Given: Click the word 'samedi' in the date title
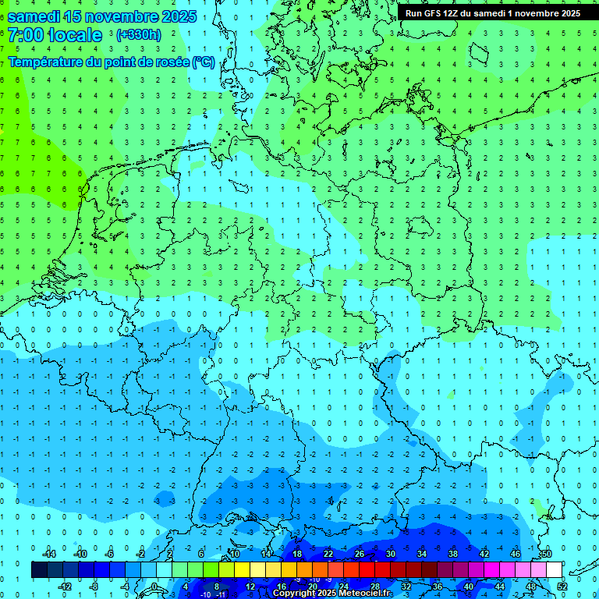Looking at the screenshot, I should coord(34,16).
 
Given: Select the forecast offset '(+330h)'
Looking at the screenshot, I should coord(138,35).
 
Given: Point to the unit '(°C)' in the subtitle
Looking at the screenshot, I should coord(204,62).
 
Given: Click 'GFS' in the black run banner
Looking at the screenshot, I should coord(435,13).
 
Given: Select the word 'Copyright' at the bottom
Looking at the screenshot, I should coord(296,594).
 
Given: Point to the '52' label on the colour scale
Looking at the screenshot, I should coord(562,587).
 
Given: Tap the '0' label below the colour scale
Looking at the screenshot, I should coord(155,587).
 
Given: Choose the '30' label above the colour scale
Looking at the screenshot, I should coord(390,554).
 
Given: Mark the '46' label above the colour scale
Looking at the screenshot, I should coord(515,554).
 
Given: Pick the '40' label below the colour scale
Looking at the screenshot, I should coord(468,587).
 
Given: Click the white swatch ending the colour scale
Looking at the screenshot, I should coord(554,570).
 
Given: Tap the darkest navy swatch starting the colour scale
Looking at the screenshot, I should coord(40,570).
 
